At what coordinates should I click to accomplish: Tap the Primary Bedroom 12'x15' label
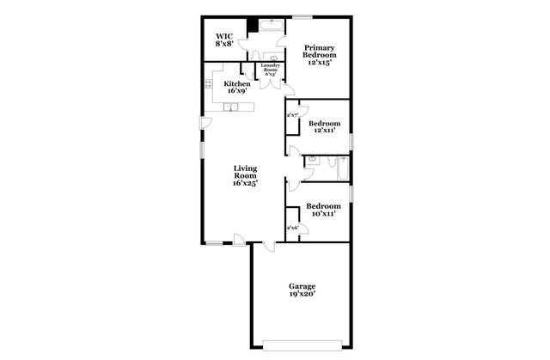318,55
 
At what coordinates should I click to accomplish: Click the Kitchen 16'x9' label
236,87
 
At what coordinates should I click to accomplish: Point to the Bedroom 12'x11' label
323,128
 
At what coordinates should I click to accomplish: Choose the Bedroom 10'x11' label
323,210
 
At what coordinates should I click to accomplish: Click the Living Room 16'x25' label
245,175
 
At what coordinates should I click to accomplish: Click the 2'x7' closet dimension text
291,114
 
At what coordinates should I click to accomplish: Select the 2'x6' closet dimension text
291,228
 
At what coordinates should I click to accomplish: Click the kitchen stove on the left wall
208,84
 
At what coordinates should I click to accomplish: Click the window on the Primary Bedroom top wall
302,16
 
